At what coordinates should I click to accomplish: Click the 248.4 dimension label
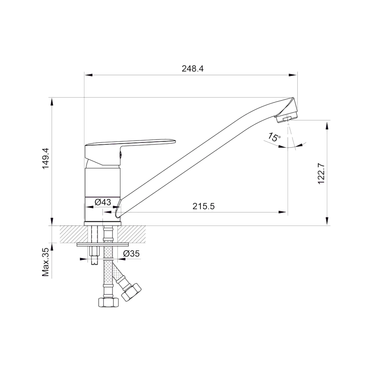pos(193,69)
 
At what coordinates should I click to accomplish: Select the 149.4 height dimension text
pos(46,158)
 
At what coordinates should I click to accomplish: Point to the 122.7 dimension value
pos(322,173)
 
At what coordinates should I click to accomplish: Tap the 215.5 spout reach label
pos(204,206)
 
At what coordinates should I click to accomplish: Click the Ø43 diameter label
pos(103,202)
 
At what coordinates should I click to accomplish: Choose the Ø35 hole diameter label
pos(131,254)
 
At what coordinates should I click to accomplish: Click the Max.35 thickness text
pos(46,262)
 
